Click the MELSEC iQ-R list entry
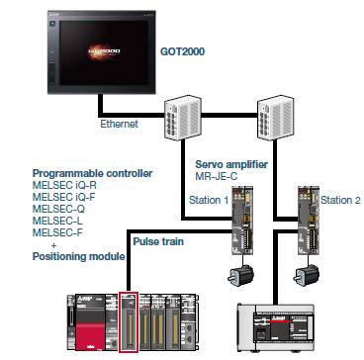coord(69,185)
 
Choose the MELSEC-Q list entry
coord(63,209)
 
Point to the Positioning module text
coord(79,256)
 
